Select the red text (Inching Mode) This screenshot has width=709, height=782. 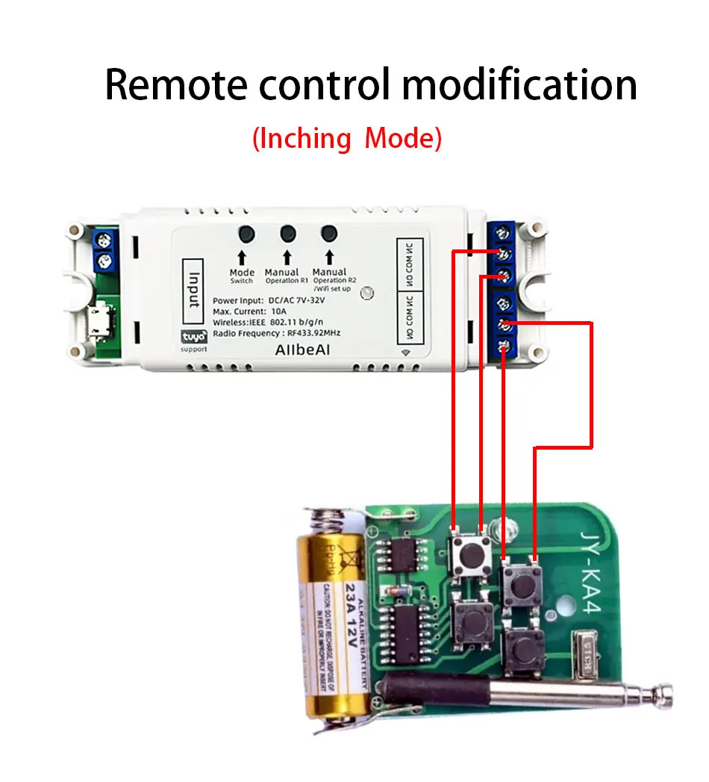[347, 139]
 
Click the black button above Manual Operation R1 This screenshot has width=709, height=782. [288, 233]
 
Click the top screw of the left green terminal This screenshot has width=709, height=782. [105, 241]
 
